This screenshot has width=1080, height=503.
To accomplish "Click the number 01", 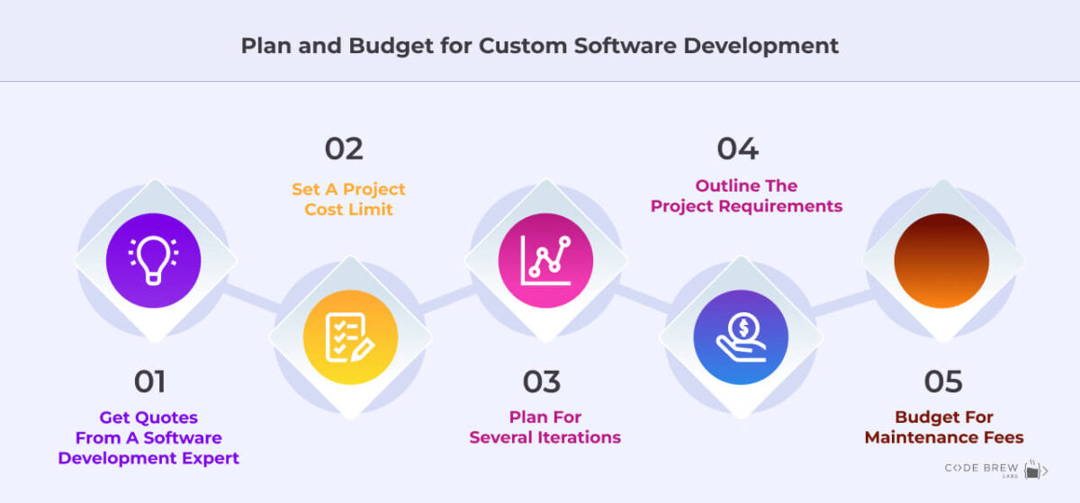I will click(149, 382).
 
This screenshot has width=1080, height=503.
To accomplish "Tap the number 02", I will click(344, 148).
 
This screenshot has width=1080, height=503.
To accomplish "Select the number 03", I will click(542, 382).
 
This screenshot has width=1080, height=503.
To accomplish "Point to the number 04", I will click(738, 148).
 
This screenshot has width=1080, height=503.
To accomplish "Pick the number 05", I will click(943, 382).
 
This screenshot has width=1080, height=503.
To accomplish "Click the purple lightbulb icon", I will click(153, 261).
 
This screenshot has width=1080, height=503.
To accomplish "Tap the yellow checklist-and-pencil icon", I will click(350, 337).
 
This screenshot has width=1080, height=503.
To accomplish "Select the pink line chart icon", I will click(545, 261).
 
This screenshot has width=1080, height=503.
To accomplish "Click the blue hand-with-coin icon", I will click(741, 337).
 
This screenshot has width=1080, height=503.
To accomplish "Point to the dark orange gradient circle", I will click(941, 261).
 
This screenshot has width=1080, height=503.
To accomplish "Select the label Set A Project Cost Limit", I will click(348, 200).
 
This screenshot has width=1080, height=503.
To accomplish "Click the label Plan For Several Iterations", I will click(545, 427).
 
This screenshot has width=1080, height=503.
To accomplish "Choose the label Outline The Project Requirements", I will click(746, 196).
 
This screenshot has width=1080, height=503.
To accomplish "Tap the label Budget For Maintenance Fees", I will click(944, 427).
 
